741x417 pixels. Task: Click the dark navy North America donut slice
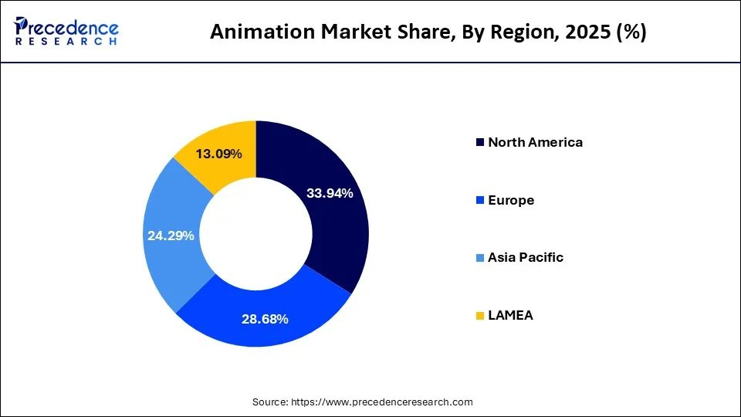(340, 232)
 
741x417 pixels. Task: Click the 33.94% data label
(330, 193)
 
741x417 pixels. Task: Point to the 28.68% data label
(265, 318)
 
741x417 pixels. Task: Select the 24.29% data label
(171, 236)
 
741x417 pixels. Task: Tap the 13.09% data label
(218, 154)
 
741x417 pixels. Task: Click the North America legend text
(535, 142)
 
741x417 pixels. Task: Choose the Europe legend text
(510, 200)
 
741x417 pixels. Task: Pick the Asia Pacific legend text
(525, 257)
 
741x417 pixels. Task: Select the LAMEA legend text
(510, 315)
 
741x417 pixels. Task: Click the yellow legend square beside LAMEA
(480, 316)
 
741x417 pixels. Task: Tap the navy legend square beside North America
(480, 143)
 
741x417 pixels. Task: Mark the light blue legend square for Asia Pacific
(480, 258)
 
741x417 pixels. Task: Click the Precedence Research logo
(66, 31)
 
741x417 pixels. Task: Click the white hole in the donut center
(256, 235)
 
